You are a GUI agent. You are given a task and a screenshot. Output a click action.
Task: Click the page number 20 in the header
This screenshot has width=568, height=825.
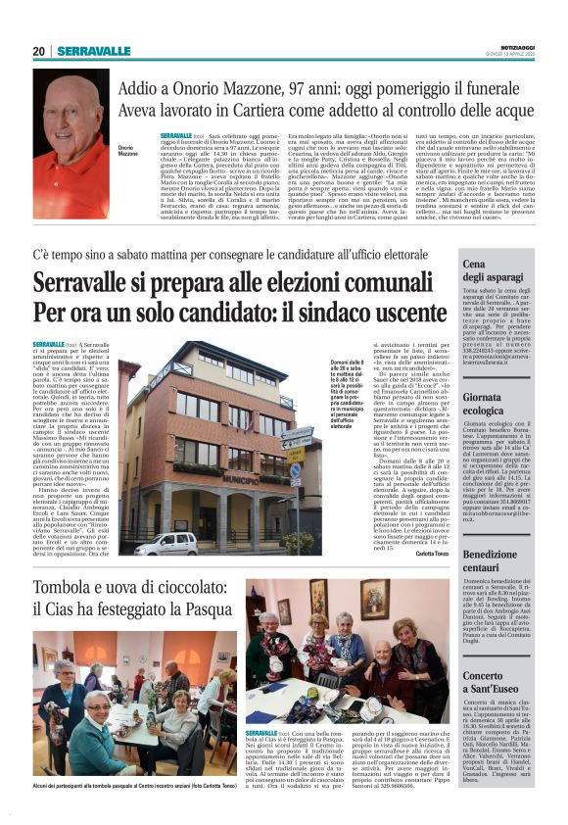[39, 51]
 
